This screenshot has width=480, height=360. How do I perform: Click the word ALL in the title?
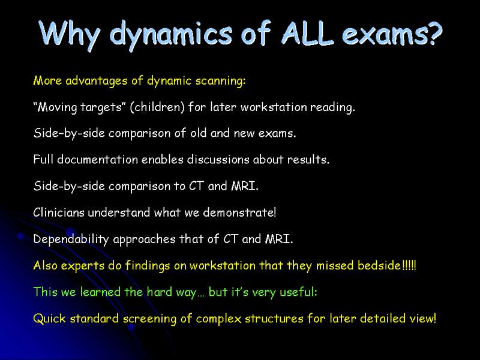[307, 32]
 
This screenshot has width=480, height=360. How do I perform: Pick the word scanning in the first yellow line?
[220, 81]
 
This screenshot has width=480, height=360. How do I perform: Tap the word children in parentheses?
[157, 107]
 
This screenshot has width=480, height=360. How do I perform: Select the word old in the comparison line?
[199, 133]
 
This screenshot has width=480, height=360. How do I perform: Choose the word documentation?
[97, 160]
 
